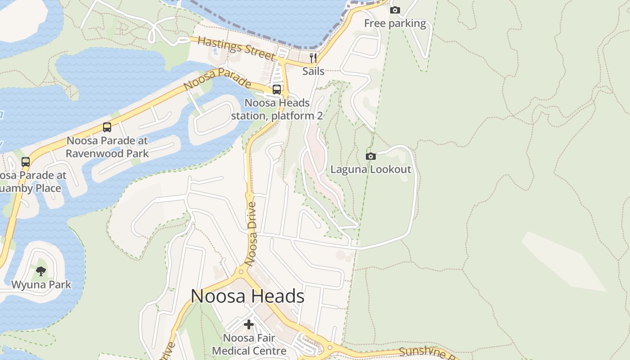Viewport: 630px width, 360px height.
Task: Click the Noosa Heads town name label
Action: tap(247, 296)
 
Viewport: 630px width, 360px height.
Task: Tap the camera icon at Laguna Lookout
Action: tap(371, 156)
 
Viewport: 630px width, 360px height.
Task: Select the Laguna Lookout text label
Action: tap(371, 169)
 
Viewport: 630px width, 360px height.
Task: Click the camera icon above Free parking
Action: tap(395, 10)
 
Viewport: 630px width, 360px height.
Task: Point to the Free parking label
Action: tap(395, 23)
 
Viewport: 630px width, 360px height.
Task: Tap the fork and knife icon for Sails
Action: tap(313, 58)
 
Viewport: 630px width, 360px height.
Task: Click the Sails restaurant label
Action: tap(313, 71)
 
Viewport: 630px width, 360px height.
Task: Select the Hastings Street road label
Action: tap(236, 48)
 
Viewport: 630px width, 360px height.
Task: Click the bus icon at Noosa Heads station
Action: tap(277, 89)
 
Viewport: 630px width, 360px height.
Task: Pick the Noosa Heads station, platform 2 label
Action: tap(277, 109)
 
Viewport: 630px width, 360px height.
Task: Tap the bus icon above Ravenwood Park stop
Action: tap(107, 127)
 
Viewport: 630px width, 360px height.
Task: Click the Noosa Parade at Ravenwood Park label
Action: tap(107, 147)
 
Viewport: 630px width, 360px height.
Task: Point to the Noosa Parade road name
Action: tap(217, 79)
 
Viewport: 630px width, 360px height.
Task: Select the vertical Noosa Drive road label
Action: tap(252, 234)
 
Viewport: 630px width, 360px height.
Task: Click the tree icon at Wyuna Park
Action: tap(41, 271)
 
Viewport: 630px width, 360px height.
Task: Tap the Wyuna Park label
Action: tap(41, 284)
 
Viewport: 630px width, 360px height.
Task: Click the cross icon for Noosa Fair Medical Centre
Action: tap(249, 324)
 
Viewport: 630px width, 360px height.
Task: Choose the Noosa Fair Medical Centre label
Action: tap(249, 344)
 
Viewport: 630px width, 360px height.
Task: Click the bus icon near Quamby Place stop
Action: tap(26, 162)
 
